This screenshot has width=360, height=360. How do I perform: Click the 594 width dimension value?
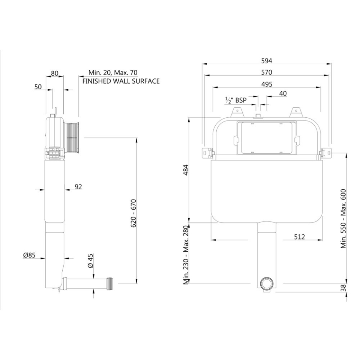click(267, 61)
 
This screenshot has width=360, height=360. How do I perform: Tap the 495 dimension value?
click(267, 84)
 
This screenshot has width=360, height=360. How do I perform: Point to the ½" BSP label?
click(235, 100)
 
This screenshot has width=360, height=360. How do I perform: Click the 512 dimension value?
click(299, 237)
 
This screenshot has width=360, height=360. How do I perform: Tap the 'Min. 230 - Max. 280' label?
click(185, 255)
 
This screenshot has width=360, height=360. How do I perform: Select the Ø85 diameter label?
click(29, 255)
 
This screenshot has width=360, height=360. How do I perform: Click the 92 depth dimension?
click(78, 186)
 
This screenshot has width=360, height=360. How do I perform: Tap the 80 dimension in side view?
click(55, 73)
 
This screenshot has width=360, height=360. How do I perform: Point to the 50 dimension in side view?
click(38, 87)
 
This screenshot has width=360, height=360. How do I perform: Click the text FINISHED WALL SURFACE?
click(121, 81)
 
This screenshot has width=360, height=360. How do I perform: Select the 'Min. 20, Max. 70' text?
click(113, 72)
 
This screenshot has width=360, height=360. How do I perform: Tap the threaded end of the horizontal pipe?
click(112, 282)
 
